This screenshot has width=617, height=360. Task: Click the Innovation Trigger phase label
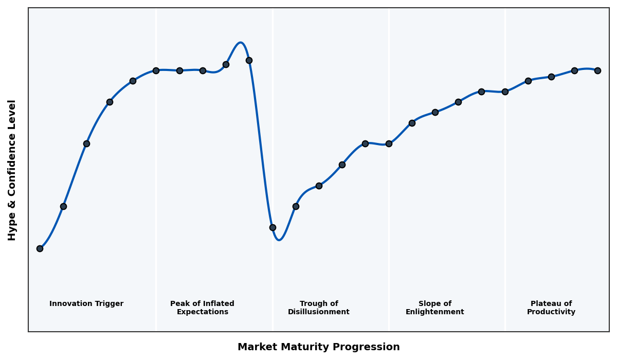tap(86, 304)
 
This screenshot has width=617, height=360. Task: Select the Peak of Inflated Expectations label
tap(202, 308)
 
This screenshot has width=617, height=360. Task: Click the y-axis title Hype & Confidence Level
tap(12, 170)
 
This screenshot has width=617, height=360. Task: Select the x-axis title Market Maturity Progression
tap(318, 347)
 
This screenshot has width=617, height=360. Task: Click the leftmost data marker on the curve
tap(40, 248)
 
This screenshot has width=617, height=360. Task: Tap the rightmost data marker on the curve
tap(597, 70)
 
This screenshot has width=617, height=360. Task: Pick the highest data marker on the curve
tap(249, 60)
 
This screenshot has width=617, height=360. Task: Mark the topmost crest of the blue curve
tap(240, 43)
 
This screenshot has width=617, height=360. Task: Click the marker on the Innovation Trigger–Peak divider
tap(156, 70)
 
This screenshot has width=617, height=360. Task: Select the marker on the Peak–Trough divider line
tap(273, 227)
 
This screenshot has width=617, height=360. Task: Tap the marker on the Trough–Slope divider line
tap(389, 143)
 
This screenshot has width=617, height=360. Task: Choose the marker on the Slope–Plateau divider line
tap(505, 92)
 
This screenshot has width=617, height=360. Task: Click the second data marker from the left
tap(63, 206)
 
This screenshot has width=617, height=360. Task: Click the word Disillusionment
tap(319, 312)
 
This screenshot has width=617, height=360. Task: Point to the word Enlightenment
tap(434, 312)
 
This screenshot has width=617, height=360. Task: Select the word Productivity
tap(551, 312)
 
